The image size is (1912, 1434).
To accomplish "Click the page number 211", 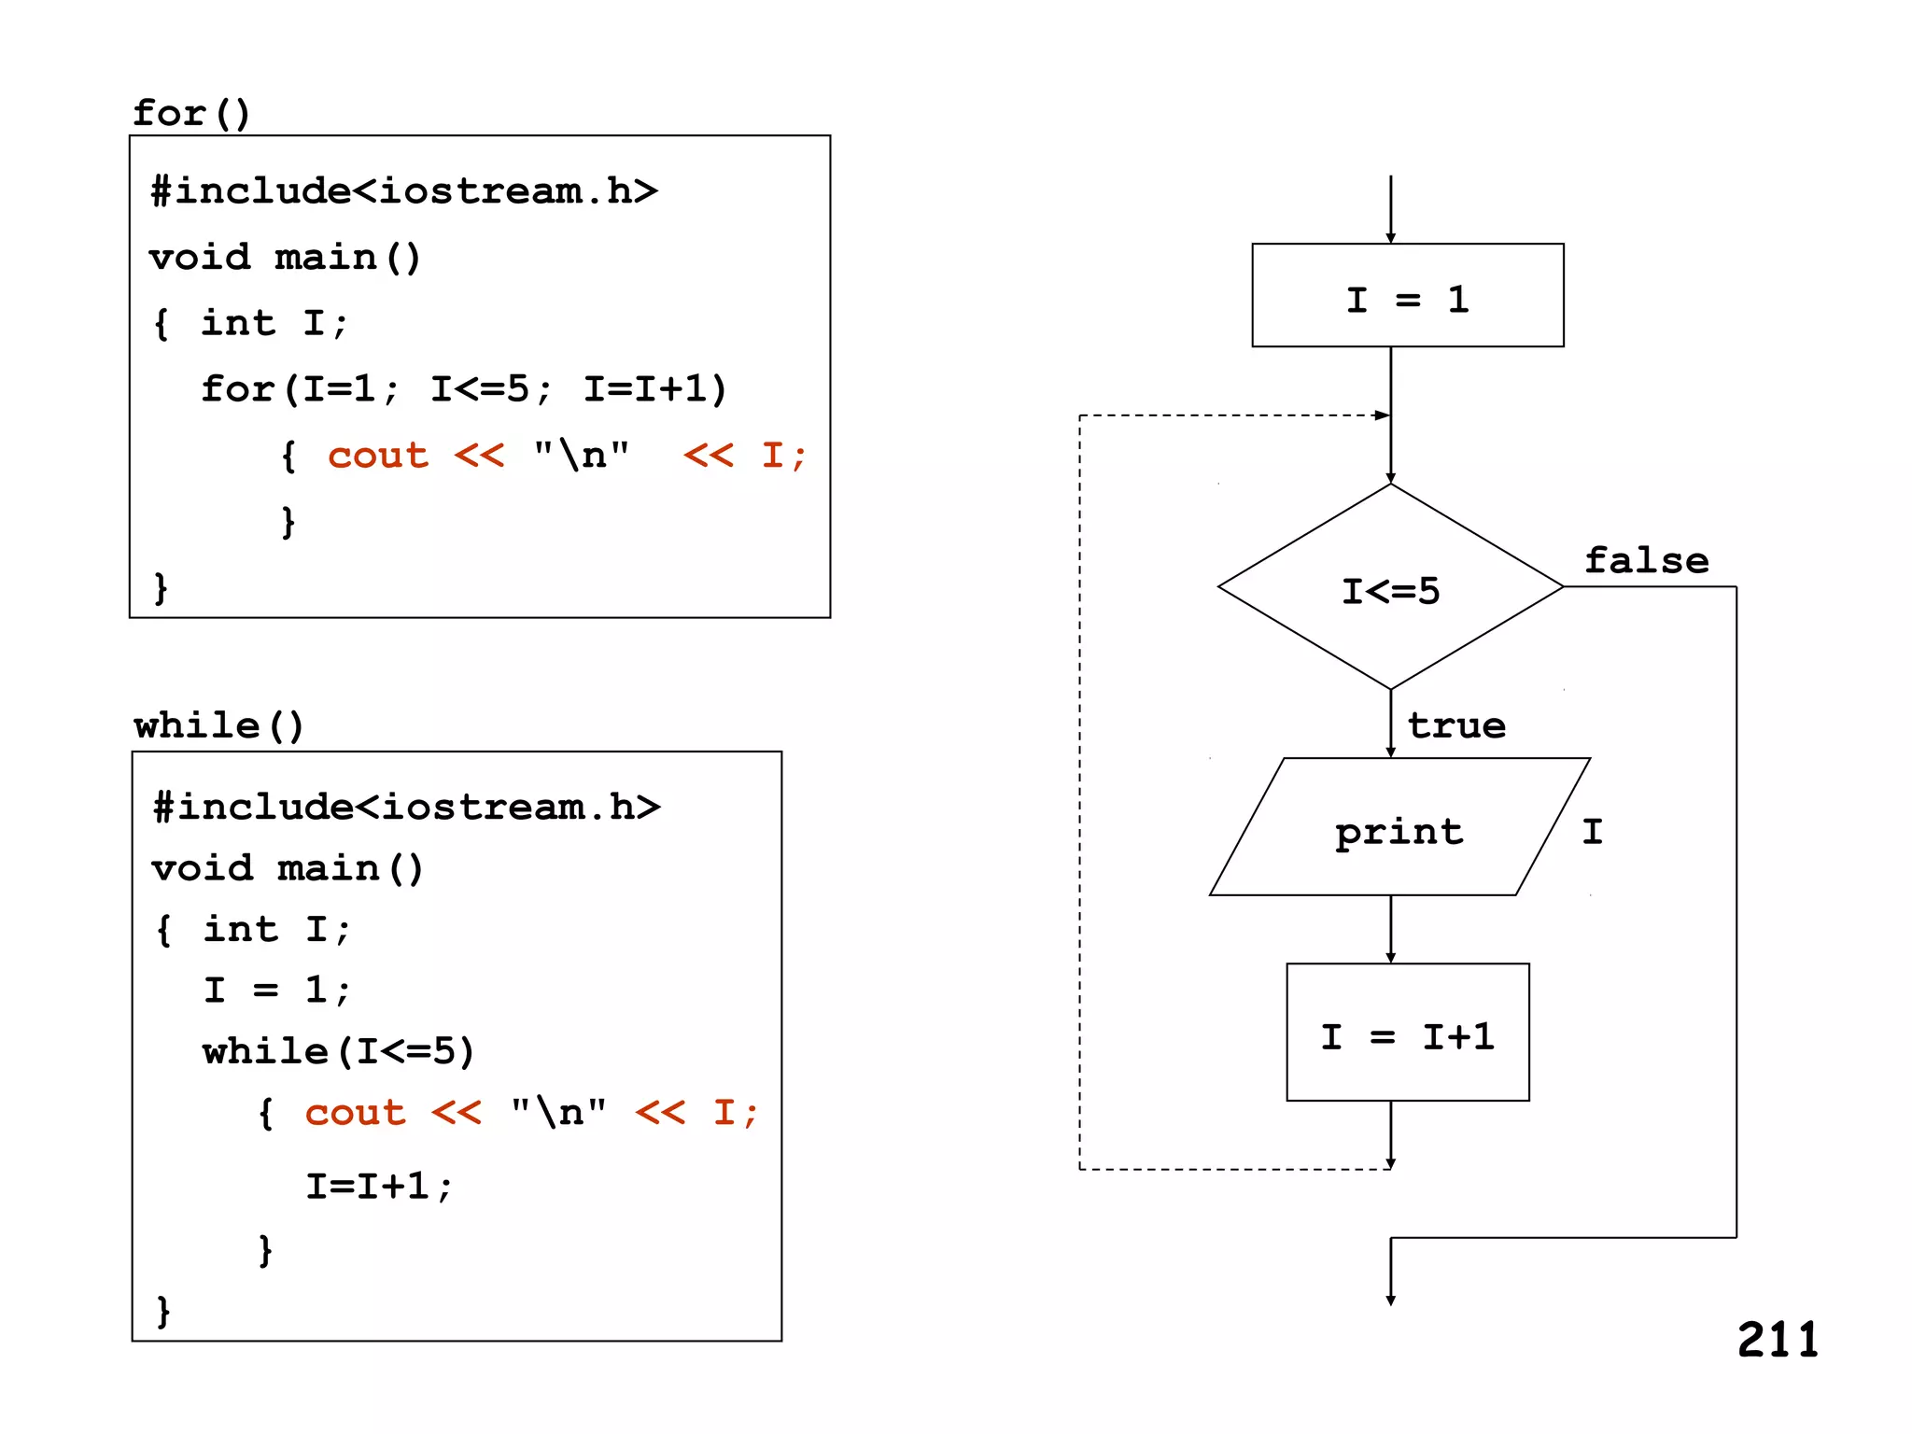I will coord(1778,1341).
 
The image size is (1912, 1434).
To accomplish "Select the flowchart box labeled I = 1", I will coord(1407,296).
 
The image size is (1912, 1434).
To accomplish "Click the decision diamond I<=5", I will coord(1390,589).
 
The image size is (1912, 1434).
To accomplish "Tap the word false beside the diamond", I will coord(1647,560).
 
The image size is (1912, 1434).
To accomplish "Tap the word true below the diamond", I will coord(1456,725).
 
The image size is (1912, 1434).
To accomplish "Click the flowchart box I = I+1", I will coord(1407,1033).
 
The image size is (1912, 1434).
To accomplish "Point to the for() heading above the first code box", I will coord(191,113).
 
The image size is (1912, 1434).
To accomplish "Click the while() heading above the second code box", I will coord(218,725).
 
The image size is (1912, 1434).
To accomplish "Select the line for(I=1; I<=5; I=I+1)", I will coord(464,388).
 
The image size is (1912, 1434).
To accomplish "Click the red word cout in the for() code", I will coord(377,455).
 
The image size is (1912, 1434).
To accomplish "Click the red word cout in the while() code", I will coord(355,1112).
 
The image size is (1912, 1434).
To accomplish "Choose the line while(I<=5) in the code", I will coord(339,1051).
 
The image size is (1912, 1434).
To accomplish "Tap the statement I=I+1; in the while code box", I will coord(379,1186).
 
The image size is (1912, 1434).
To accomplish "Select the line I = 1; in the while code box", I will coord(277,990).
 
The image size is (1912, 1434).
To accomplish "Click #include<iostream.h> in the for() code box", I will coord(403,190).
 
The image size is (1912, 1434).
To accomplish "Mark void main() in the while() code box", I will coord(288,868).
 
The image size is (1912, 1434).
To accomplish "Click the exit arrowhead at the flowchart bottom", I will coord(1390,1300).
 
